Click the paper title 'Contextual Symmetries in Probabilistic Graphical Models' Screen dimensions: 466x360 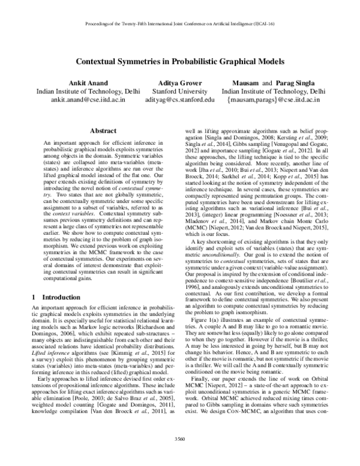tap(179, 61)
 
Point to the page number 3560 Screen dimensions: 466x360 tap(179, 455)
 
